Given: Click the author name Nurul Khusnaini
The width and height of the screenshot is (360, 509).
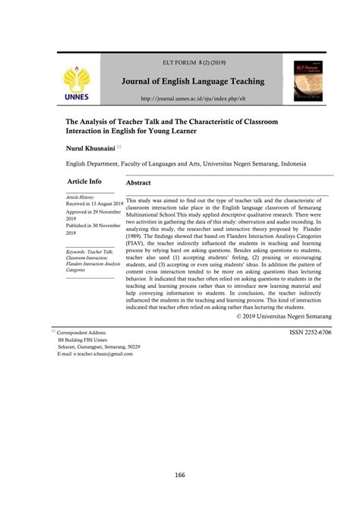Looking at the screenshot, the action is tap(90, 150).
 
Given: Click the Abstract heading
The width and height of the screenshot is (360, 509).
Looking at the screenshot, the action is tap(138, 183).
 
